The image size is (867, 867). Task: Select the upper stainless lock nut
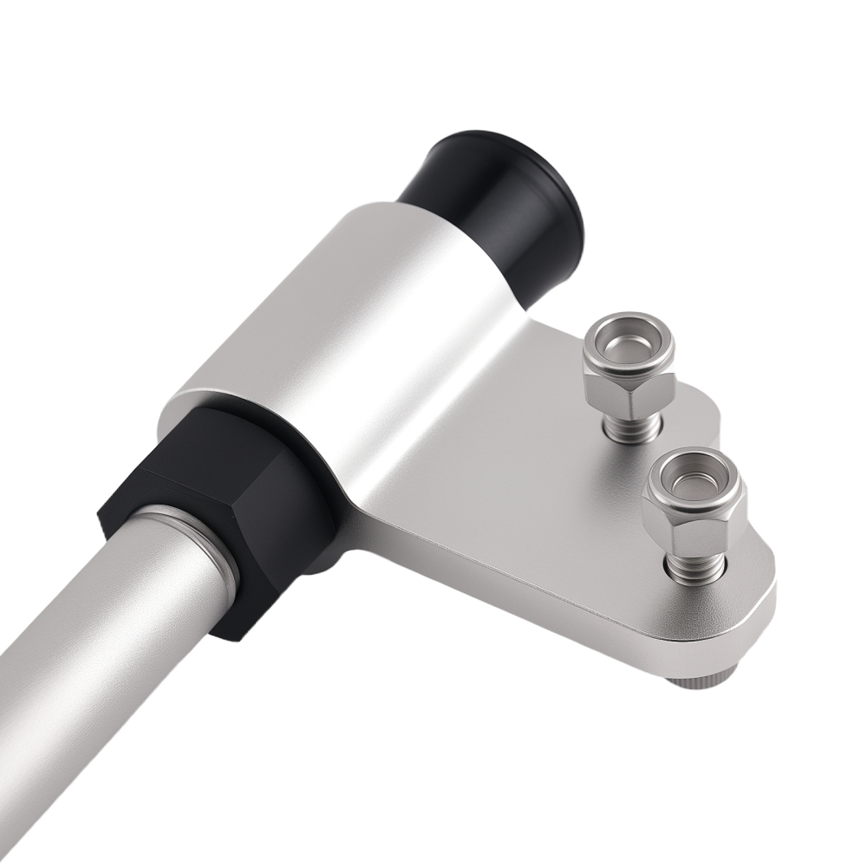[x=629, y=364]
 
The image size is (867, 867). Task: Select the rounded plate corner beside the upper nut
[x=707, y=416]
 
